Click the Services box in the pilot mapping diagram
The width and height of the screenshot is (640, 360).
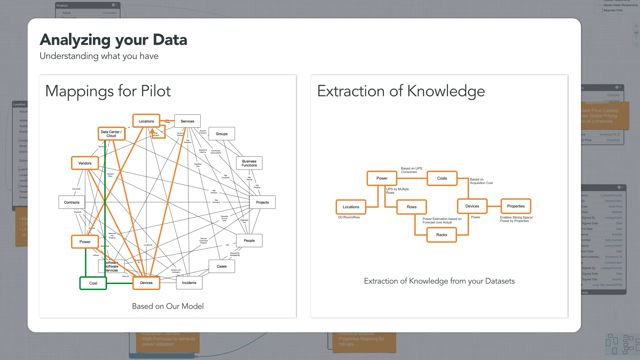[187, 121]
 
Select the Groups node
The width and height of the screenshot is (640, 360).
[222, 134]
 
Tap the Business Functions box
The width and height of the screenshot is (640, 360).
[249, 163]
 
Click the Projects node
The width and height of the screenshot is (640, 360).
[262, 202]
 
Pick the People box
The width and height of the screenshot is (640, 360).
[249, 241]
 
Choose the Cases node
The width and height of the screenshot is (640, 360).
[222, 266]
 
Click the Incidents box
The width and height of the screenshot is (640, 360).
[189, 283]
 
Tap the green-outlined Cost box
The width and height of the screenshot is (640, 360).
[93, 283]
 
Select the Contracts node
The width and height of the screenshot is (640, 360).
[72, 202]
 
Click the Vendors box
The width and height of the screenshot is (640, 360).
[85, 163]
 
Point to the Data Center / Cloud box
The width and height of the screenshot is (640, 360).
[111, 134]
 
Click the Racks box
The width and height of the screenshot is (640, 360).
[442, 235]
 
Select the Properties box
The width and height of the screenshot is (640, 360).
[516, 206]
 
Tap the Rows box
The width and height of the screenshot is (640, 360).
[412, 207]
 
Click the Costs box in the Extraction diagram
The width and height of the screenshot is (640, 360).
[442, 178]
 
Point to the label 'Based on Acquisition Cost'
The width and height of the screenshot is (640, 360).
[481, 181]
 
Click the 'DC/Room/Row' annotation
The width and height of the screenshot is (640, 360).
[349, 217]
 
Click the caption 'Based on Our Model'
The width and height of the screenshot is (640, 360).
[168, 306]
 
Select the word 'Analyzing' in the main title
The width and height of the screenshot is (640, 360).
[75, 40]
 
